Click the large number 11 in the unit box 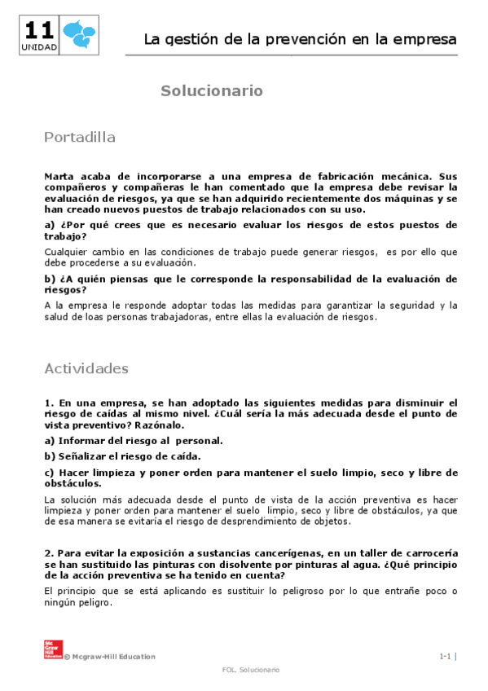pos(39,30)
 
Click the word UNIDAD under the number pos(39,48)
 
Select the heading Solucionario pos(211,90)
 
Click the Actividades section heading pos(86,368)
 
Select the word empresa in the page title pos(420,39)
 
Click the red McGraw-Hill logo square pos(52,649)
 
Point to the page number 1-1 pos(445,656)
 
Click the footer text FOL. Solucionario pos(250,669)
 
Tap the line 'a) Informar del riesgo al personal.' pos(134,440)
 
